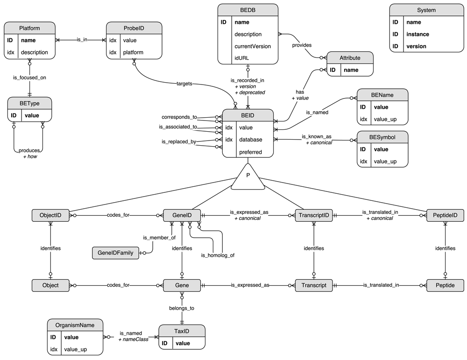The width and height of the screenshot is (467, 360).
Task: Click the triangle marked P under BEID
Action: click(248, 178)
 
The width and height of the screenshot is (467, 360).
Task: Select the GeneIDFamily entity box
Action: click(116, 253)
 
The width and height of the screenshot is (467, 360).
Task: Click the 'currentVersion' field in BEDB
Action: click(253, 46)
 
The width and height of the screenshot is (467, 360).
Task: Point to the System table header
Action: click(426, 10)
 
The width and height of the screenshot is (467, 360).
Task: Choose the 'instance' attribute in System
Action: click(417, 34)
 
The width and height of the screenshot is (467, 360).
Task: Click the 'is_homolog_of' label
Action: click(218, 255)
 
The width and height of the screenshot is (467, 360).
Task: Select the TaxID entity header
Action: click(182, 330)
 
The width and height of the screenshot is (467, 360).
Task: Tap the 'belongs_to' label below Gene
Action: click(181, 308)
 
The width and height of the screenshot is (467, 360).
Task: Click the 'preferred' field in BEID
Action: click(250, 152)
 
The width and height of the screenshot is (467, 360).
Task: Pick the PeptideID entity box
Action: click(445, 215)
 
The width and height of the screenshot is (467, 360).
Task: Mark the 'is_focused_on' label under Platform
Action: click(29, 78)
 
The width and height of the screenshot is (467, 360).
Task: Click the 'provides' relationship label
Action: click(302, 45)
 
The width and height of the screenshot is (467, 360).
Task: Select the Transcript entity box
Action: click(313, 285)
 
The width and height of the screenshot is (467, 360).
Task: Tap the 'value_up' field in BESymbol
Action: click(385, 162)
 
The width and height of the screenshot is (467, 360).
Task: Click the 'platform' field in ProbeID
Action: click(133, 52)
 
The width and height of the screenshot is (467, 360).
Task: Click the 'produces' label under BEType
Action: click(29, 150)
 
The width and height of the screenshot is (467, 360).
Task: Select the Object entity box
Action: click(50, 285)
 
